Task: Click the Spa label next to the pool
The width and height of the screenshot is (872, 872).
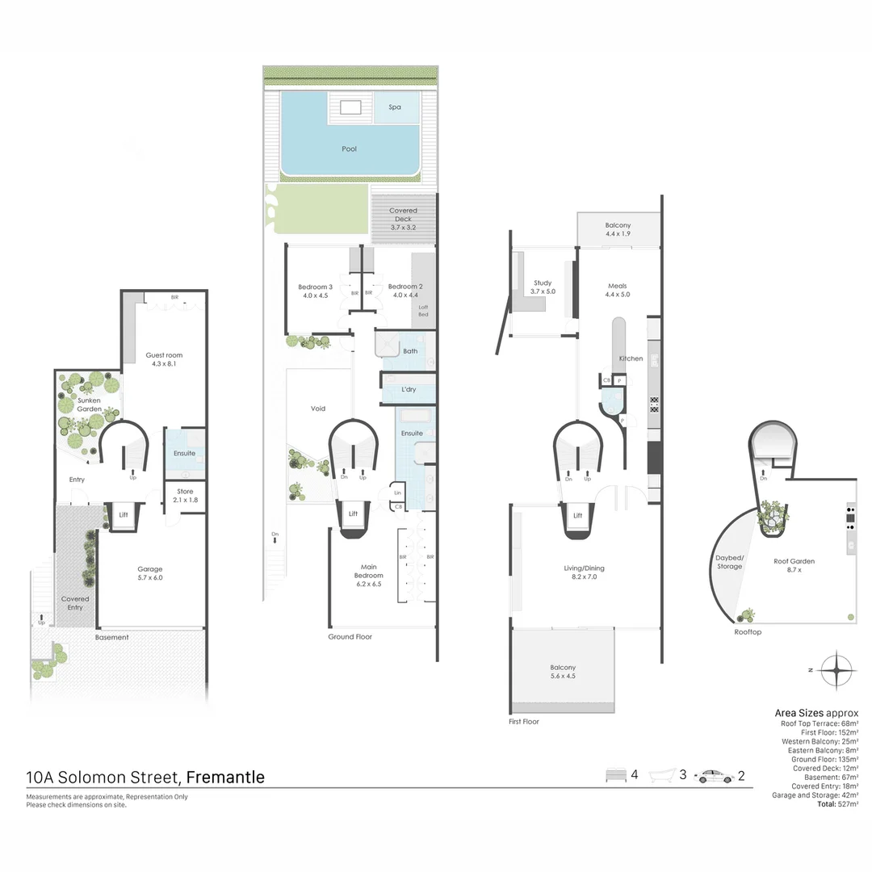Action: (395, 107)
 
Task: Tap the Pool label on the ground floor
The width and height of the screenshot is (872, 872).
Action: (349, 149)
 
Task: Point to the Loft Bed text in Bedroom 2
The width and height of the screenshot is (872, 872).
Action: (422, 311)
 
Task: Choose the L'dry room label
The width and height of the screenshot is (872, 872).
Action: (409, 391)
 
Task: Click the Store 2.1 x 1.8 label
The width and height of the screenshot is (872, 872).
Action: (185, 496)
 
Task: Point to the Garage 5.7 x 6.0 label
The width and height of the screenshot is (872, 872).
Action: (150, 573)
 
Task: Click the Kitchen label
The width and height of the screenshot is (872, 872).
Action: (631, 358)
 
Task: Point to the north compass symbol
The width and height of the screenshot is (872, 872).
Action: (836, 669)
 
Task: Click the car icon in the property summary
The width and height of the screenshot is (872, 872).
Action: (716, 776)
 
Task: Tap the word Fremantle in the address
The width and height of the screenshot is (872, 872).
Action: (225, 778)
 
